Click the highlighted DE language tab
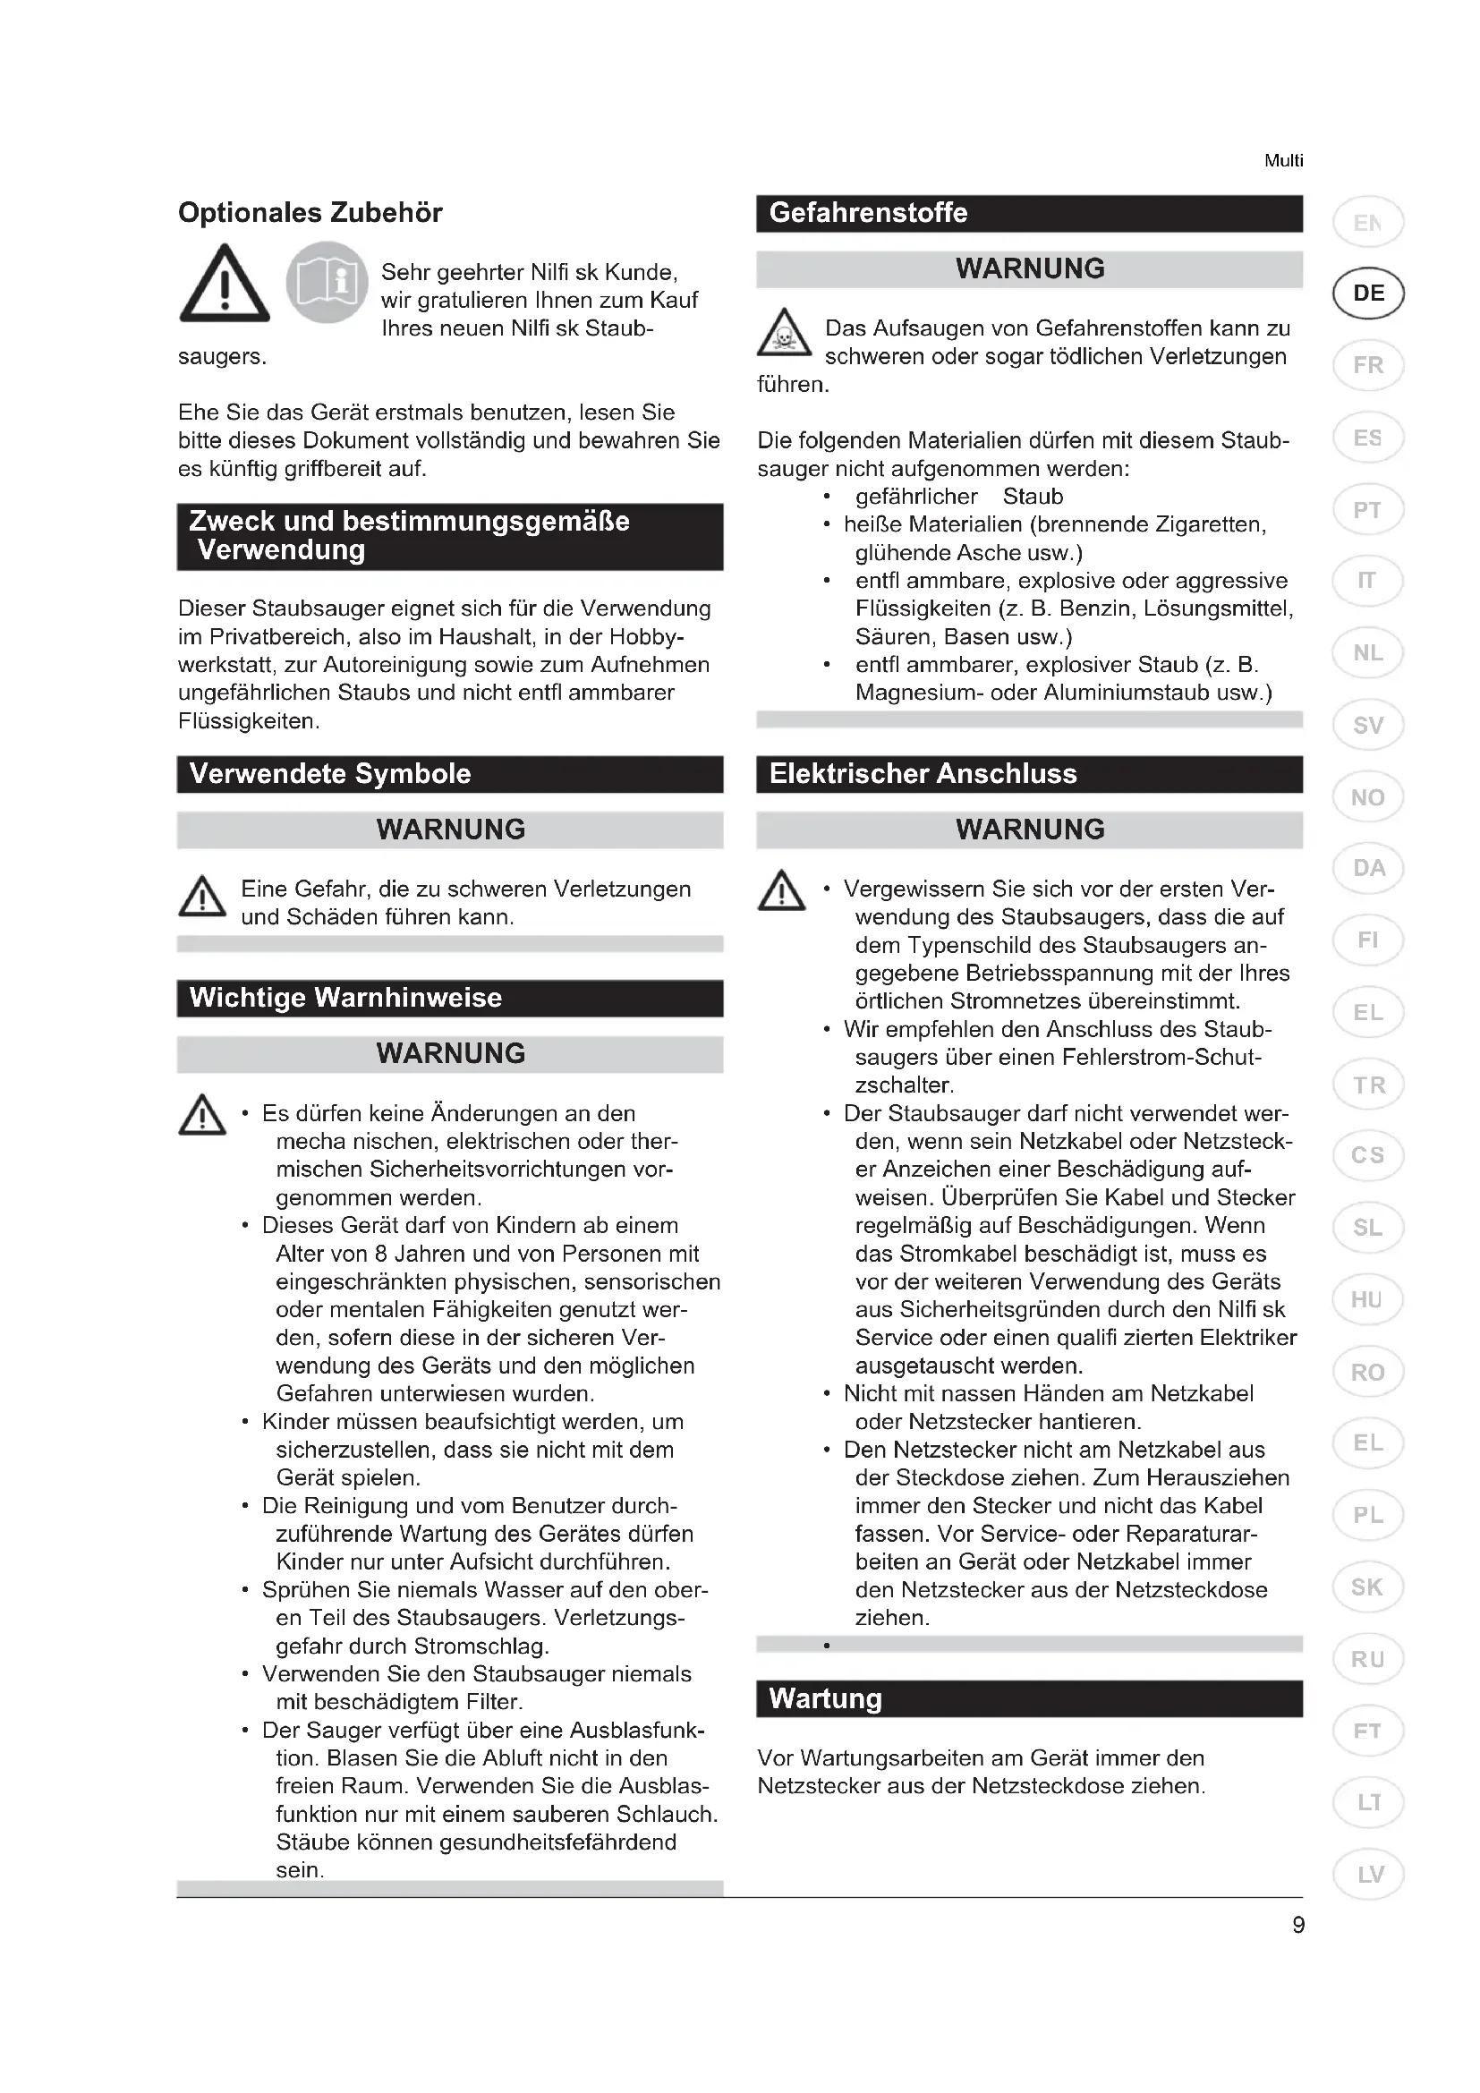(1368, 294)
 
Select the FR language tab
(1368, 366)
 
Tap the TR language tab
(1368, 1085)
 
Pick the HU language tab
(1367, 1300)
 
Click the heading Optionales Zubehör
(310, 212)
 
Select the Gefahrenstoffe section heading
(868, 213)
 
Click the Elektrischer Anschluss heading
(923, 774)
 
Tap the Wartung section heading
(825, 1698)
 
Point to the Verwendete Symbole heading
(330, 774)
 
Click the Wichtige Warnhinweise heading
(345, 997)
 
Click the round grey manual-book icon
(327, 282)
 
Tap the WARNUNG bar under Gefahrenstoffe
(1029, 269)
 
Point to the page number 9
(1297, 1925)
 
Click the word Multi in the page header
(1283, 160)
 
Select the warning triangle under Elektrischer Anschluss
(781, 890)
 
